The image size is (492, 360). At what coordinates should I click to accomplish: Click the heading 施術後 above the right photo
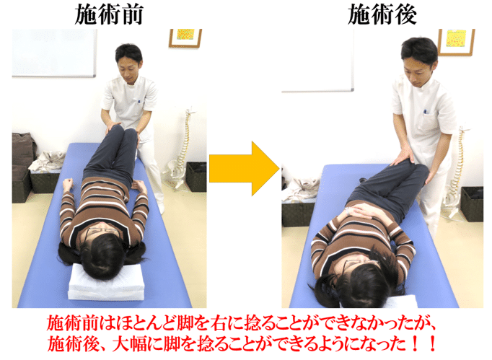pos(377,14)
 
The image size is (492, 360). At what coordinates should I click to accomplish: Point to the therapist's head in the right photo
pos(419,58)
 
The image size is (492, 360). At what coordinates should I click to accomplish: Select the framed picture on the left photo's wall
pos(185,38)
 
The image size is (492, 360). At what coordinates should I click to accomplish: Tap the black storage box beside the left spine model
pos(196,177)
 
